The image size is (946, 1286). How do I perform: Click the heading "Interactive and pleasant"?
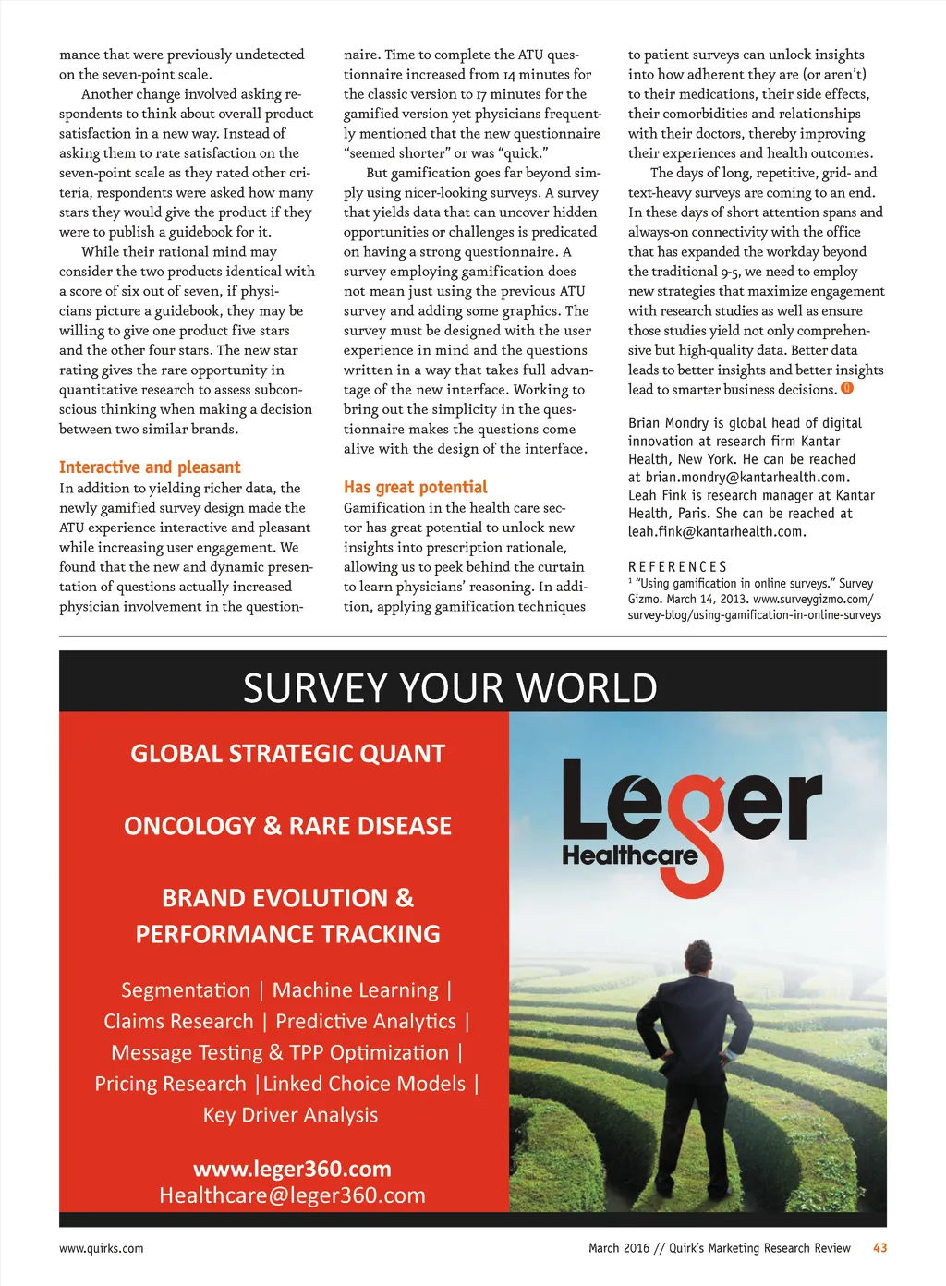(150, 467)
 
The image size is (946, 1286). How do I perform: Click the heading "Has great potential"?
(415, 487)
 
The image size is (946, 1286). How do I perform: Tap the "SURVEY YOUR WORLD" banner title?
(450, 688)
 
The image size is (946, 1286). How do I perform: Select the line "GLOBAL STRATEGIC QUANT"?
(287, 754)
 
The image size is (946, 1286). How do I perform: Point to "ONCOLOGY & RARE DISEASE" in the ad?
(287, 826)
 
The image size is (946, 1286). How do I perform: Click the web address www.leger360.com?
(292, 1169)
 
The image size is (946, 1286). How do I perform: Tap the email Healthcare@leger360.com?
(292, 1195)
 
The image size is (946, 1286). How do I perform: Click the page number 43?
(879, 1248)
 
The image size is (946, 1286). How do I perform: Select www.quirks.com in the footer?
(102, 1248)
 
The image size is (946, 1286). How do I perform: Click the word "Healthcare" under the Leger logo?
(630, 855)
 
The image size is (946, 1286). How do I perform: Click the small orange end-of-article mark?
(847, 389)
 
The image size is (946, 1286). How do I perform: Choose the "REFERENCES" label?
(677, 566)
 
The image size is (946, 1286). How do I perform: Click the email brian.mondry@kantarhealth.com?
(746, 477)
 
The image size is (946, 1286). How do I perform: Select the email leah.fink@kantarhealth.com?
(716, 531)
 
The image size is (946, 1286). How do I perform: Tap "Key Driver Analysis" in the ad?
(290, 1115)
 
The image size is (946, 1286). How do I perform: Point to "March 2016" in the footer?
(619, 1248)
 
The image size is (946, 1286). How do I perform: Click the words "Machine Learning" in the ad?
(356, 990)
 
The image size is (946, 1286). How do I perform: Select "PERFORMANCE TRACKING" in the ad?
(287, 934)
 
